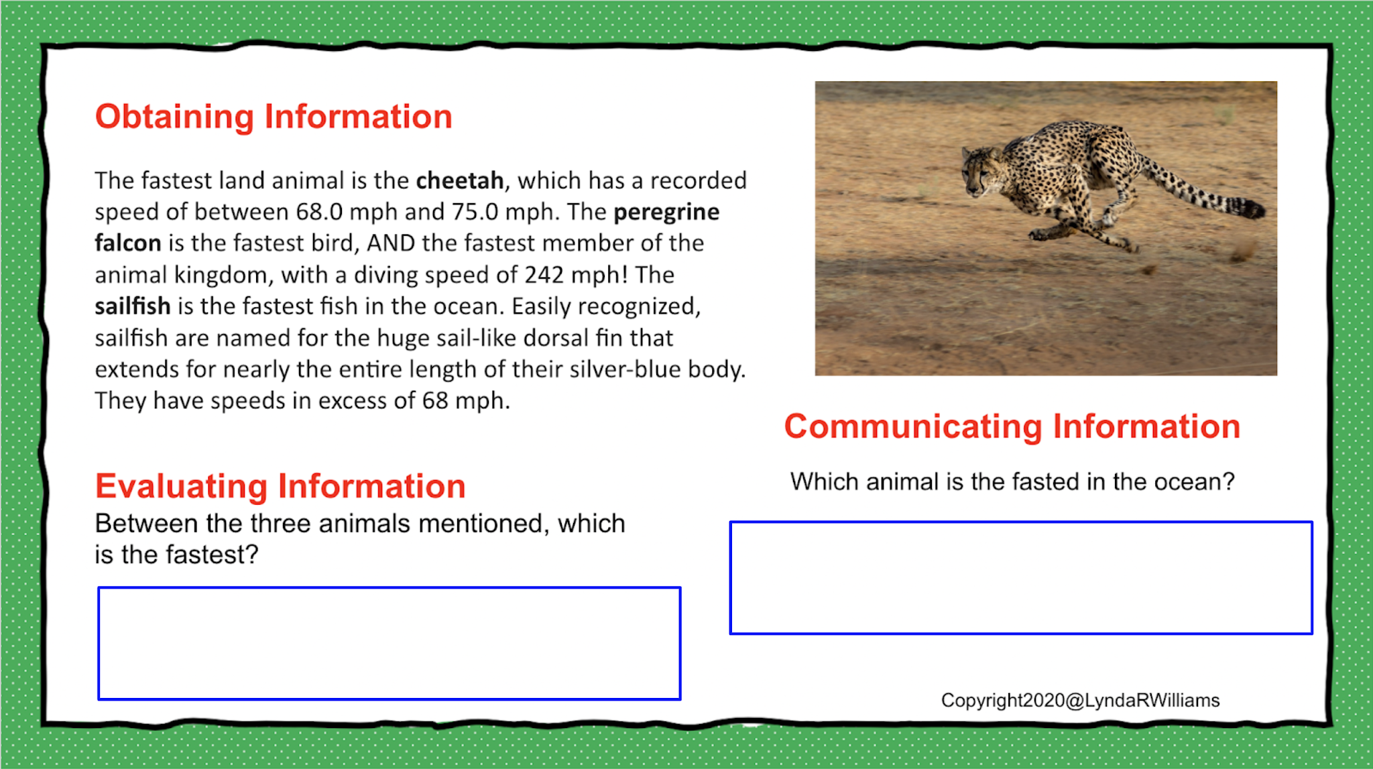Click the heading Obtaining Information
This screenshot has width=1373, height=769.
click(x=274, y=117)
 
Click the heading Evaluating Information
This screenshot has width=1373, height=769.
click(x=280, y=486)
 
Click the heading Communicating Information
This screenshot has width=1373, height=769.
click(x=1012, y=427)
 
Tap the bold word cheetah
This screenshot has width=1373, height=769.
click(x=460, y=180)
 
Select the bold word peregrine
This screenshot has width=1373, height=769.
click(x=666, y=213)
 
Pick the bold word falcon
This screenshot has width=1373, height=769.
click(x=128, y=243)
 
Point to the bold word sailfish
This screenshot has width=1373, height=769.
click(x=133, y=306)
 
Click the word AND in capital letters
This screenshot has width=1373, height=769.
click(x=392, y=243)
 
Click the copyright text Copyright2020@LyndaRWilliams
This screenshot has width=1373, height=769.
click(x=1080, y=701)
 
